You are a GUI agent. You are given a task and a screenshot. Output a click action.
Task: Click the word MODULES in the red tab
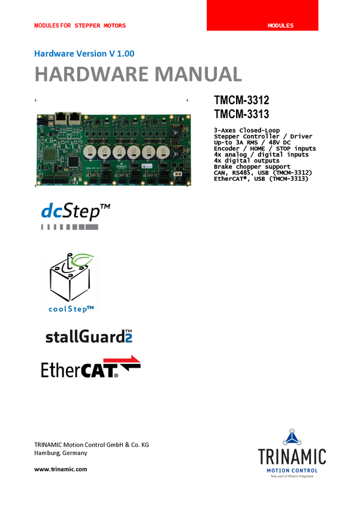pos(280,26)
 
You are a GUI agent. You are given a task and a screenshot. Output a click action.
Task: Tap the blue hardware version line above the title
pos(84,53)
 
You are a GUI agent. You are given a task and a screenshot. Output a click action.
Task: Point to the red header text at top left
pos(80,26)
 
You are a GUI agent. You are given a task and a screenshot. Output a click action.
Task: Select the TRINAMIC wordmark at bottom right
pos(292,458)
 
